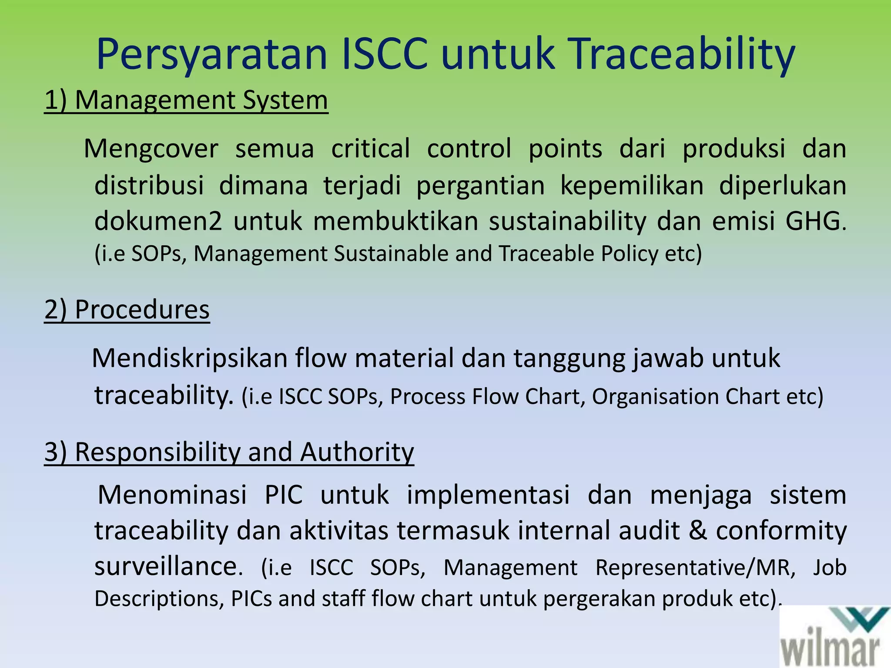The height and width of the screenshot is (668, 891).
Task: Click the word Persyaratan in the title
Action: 211,54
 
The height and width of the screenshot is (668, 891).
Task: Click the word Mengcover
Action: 151,149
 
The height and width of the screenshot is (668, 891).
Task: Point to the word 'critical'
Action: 371,149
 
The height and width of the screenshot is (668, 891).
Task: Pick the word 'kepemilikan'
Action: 632,186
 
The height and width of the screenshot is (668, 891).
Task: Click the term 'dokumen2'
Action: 158,221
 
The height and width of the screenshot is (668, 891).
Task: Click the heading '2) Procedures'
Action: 127,310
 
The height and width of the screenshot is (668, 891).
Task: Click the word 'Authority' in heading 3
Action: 357,452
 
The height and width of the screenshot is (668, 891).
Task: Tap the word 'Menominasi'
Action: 172,495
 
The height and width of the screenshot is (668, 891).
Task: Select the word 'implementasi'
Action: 488,495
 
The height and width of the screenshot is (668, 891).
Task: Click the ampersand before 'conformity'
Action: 698,531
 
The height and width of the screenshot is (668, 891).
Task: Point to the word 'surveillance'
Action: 167,567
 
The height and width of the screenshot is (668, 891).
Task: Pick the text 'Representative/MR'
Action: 695,568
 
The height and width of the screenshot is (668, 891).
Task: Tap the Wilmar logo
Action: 835,637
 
